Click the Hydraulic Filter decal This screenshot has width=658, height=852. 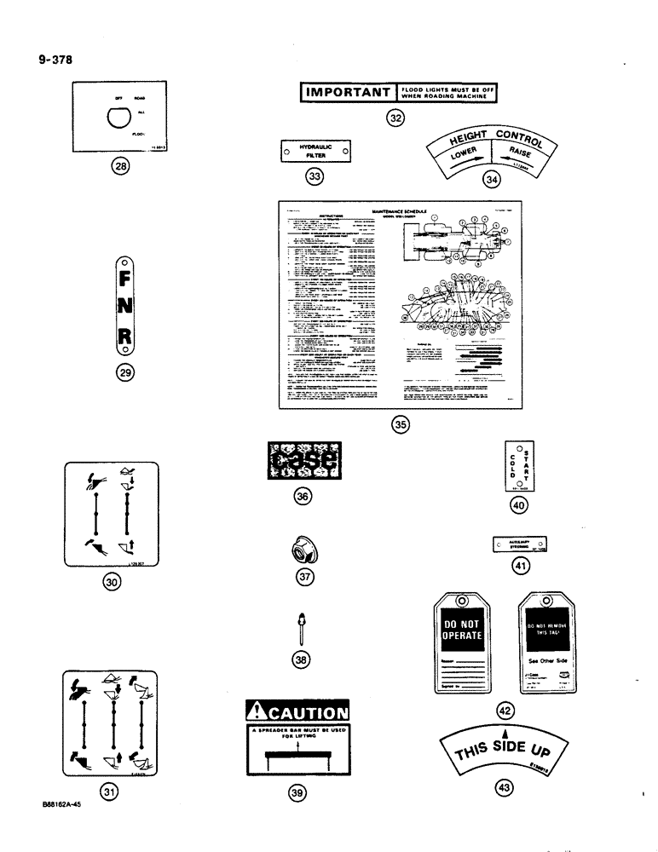coord(315,152)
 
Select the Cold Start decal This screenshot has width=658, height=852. coord(519,467)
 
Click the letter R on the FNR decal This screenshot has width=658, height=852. coord(124,338)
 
